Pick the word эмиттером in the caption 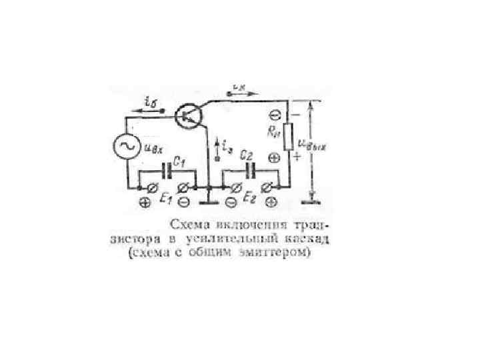pyautogui.click(x=283, y=253)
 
